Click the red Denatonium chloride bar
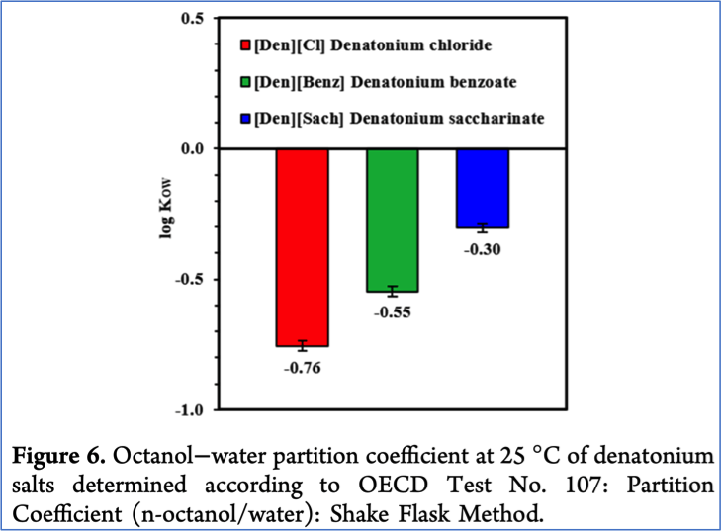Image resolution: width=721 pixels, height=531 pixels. (x=302, y=247)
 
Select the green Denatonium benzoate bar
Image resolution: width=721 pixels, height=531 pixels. (x=394, y=220)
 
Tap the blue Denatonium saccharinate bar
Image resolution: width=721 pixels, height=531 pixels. (x=482, y=188)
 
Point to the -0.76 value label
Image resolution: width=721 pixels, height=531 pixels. (x=302, y=369)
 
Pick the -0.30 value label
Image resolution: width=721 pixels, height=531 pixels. (x=482, y=249)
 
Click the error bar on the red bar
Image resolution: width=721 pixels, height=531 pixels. (x=302, y=345)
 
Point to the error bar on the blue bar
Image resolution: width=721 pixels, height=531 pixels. (x=482, y=227)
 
